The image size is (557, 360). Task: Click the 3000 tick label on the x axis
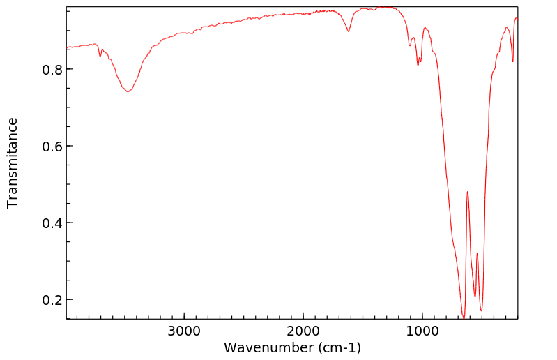[x=184, y=330]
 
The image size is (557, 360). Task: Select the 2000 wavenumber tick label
[x=303, y=330]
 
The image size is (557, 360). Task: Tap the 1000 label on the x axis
[x=422, y=330]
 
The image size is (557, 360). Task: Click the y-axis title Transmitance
[x=13, y=163]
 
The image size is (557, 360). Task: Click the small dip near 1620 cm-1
[x=349, y=31]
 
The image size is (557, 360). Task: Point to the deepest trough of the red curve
[x=463, y=317]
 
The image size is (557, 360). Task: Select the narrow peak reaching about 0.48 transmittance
[x=467, y=192]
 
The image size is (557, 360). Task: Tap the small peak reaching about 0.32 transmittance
[x=477, y=253]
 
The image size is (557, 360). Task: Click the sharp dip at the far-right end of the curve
[x=512, y=61]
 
